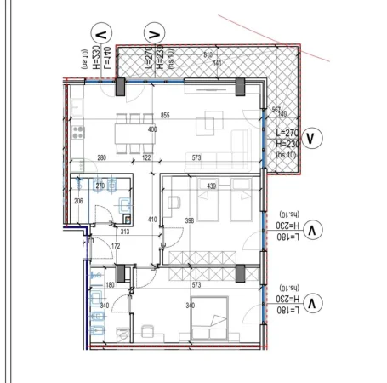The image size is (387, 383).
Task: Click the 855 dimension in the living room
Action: [x=165, y=115]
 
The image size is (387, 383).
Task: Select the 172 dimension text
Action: [x=117, y=246]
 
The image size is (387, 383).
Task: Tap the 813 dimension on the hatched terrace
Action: [x=208, y=55]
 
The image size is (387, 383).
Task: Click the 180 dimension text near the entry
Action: [x=109, y=285]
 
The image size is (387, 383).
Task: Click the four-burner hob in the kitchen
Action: [x=78, y=132]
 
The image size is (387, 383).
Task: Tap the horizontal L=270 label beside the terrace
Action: [x=287, y=134]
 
